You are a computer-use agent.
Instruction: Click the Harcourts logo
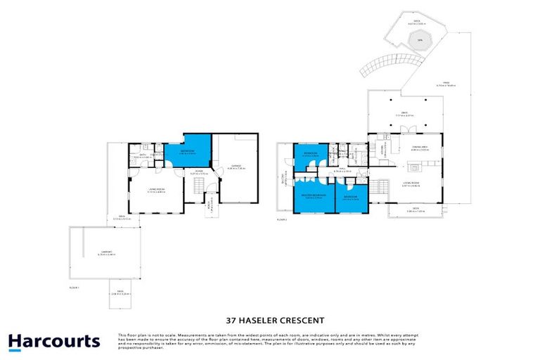[x=54, y=342]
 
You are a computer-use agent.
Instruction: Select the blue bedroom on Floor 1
[x=186, y=149]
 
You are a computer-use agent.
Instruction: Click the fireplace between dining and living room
[x=416, y=167]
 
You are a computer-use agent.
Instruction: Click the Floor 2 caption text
[x=282, y=220]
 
